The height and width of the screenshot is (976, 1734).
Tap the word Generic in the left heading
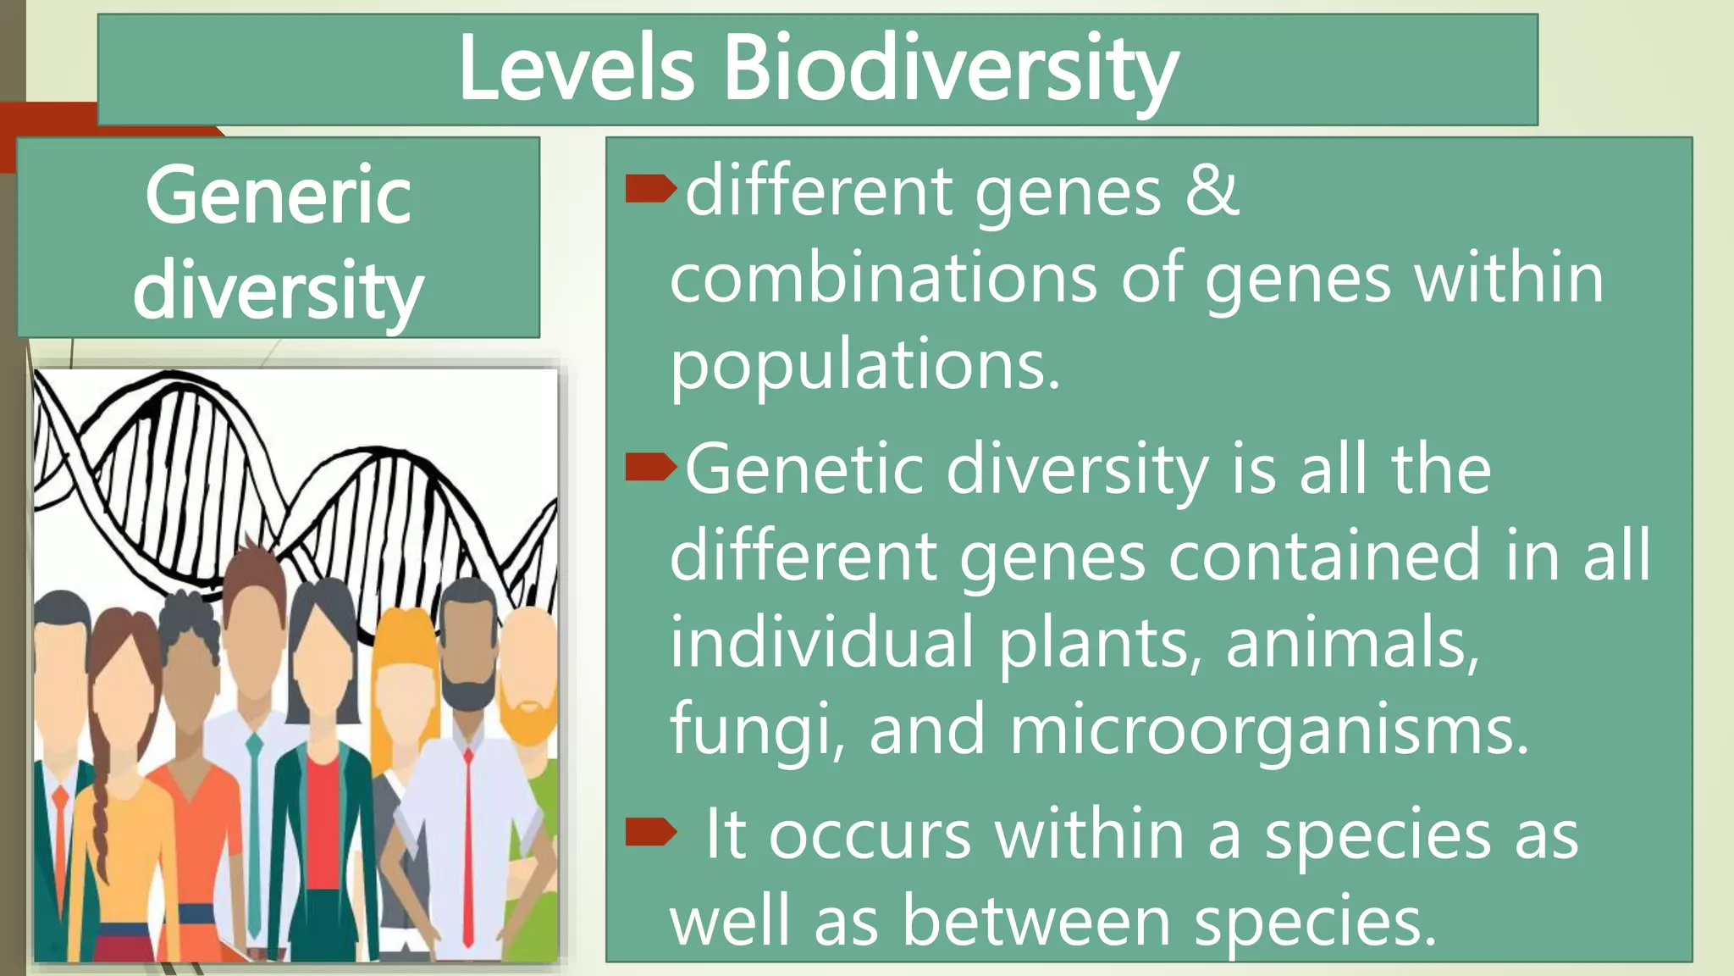[278, 197]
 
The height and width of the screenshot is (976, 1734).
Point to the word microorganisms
[1269, 730]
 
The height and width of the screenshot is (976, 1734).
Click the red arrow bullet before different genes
[650, 190]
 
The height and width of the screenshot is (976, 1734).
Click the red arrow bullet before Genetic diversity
[650, 467]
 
